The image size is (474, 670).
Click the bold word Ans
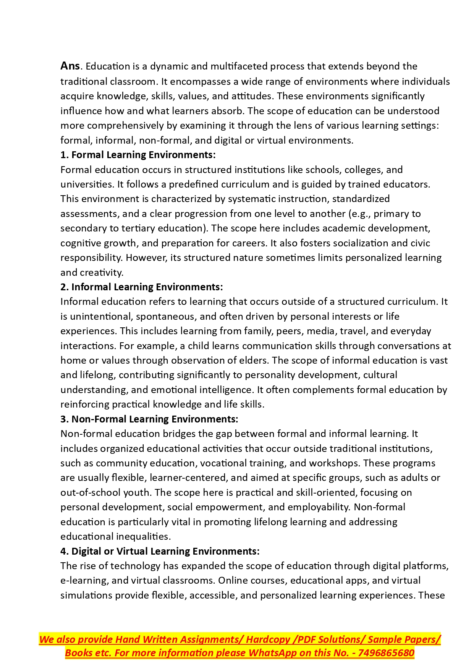coord(70,66)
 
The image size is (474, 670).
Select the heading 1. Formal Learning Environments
coord(138,155)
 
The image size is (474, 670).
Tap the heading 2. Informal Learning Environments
coord(141,287)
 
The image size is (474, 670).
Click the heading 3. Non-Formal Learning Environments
coord(149,419)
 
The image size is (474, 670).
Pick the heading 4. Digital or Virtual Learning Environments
coord(160,551)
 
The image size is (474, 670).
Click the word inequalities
coord(142,537)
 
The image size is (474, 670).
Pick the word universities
coord(86,184)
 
